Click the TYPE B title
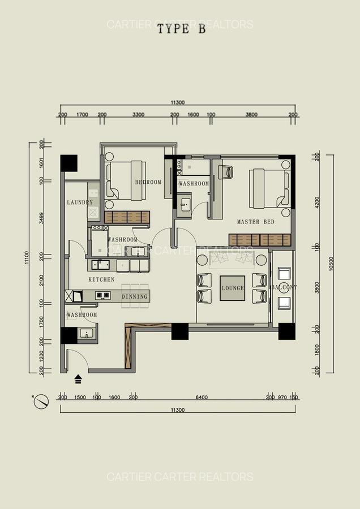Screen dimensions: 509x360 pos(181,31)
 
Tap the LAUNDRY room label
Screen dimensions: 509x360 pos(80,202)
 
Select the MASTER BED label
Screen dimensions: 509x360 pos(255,222)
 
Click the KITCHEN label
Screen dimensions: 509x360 pos(101,279)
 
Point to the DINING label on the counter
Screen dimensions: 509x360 pos(134,296)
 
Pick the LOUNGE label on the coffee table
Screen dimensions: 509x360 pos(233,288)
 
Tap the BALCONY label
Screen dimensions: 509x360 pos(284,287)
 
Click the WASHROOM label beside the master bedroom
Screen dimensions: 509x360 pos(194,184)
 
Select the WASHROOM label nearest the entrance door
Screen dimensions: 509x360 pos(82,315)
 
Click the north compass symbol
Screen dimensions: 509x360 pos(41,401)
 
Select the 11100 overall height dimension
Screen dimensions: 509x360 pos(27,258)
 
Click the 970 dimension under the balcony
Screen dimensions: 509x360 pos(282,398)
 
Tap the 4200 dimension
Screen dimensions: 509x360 pos(317,202)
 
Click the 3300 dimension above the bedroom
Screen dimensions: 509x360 pos(138,115)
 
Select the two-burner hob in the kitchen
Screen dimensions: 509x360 pos(102,295)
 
